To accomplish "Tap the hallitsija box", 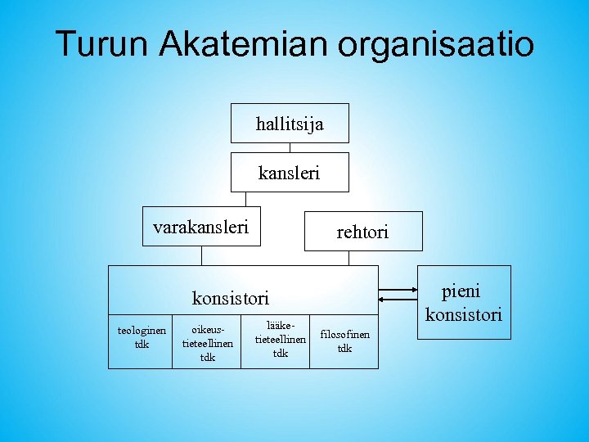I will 290,124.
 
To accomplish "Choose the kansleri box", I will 290,173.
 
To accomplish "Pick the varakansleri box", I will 201,227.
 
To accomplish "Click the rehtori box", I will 363,232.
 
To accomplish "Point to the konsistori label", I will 230,298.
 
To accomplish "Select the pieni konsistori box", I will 464,302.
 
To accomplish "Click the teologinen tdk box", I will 141,337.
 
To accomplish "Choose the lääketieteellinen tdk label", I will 281,339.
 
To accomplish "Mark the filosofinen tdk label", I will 344,341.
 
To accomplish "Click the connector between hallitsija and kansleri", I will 290,148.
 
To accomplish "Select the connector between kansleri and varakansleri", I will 245,199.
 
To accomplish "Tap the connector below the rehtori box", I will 348,258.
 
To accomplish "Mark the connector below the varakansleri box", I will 201,256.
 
